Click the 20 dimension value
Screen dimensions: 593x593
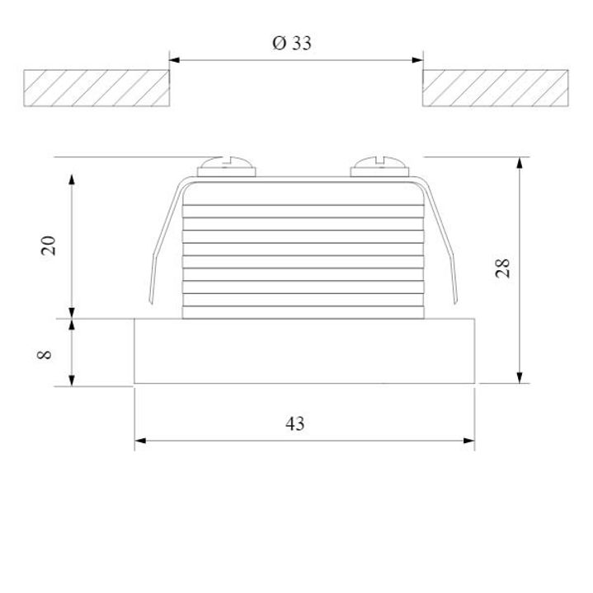[49, 245]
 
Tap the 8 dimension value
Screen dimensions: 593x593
[45, 353]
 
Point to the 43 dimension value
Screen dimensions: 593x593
[294, 423]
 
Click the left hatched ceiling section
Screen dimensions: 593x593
[96, 88]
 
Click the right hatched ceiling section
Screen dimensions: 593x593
[497, 88]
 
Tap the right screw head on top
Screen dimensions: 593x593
[379, 167]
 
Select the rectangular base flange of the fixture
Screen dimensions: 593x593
[304, 352]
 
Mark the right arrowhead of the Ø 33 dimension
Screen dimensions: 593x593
[417, 59]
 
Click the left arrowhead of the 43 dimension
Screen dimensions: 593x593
[141, 441]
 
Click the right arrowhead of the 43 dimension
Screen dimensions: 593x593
[469, 441]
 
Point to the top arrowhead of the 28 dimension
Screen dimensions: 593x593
[520, 162]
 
